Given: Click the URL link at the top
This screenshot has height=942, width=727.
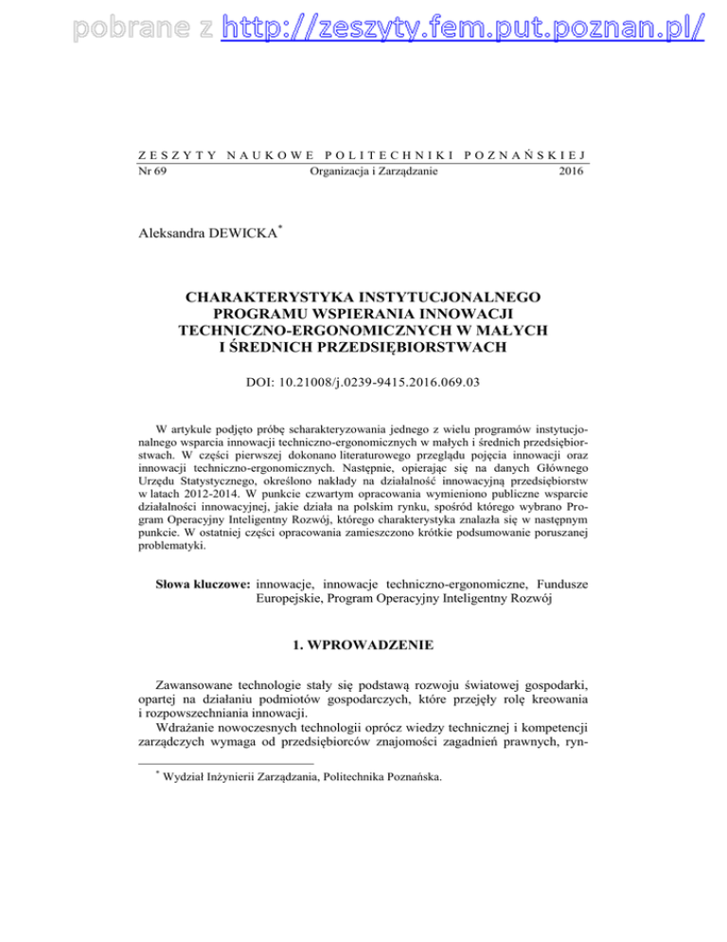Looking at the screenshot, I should point(464,28).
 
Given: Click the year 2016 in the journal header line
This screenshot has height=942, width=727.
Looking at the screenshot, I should point(571,172).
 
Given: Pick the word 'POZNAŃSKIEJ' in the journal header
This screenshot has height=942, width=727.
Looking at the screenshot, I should point(539,154).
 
